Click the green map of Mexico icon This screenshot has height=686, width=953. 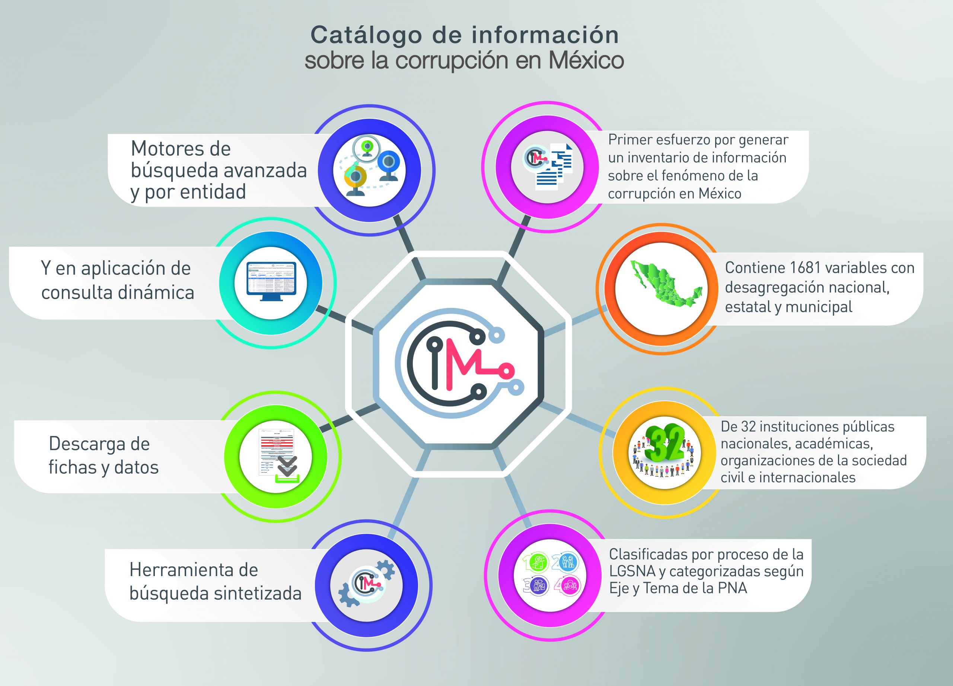[666, 281]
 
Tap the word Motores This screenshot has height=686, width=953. [181, 149]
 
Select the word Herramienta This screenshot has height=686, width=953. [194, 570]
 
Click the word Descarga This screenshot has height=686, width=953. [99, 444]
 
